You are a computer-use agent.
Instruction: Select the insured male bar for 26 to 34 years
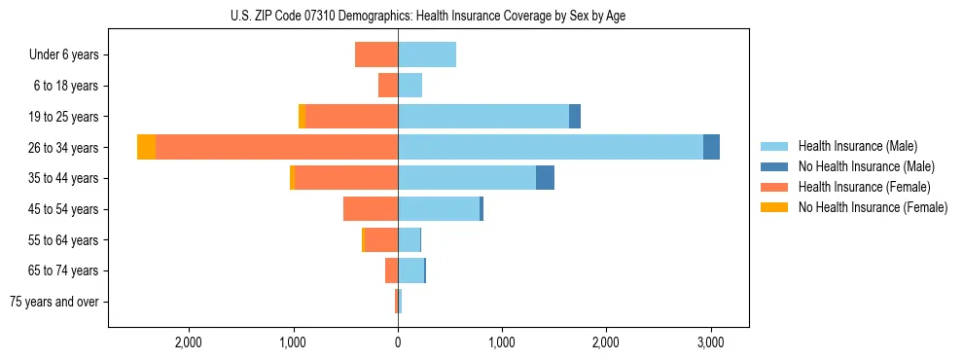tap(551, 147)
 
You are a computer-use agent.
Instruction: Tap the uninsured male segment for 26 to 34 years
tap(711, 147)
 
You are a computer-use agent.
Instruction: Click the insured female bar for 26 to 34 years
tap(276, 147)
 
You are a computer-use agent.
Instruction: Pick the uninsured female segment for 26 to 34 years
tap(146, 147)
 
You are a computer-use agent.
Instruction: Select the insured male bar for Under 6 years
tap(427, 54)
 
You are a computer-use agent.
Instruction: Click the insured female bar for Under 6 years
tap(376, 54)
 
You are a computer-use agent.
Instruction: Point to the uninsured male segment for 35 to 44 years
tap(545, 178)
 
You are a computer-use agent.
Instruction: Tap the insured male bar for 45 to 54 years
tap(439, 208)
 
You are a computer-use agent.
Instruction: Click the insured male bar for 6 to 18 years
tap(410, 86)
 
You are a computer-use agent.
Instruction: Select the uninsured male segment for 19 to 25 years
tap(575, 116)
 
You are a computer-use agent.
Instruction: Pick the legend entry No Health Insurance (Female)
tap(873, 207)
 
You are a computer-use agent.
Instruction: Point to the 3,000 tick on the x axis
tap(710, 342)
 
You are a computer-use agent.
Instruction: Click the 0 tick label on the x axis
tap(398, 342)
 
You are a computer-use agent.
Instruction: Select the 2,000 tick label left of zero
tap(188, 342)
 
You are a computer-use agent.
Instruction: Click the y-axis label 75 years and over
tap(54, 302)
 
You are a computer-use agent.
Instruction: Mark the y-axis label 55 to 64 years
tap(64, 239)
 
